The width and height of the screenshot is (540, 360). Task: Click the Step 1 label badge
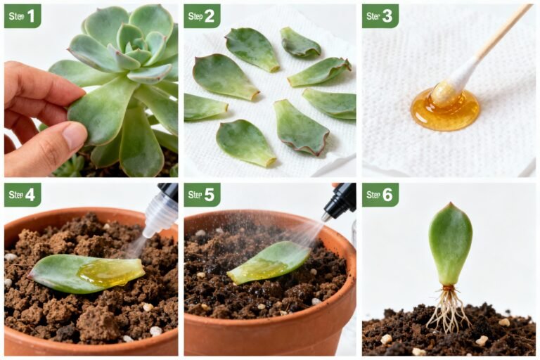[x=22, y=15]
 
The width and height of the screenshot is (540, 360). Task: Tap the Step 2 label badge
[x=202, y=15]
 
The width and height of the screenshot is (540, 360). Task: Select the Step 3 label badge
[x=380, y=15]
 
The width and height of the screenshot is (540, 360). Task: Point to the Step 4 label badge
[x=22, y=195]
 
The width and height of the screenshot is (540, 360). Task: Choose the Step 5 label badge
[x=202, y=195]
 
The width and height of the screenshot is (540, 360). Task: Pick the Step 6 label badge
[x=380, y=195]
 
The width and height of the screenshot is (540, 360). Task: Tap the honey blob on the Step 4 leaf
[x=109, y=273]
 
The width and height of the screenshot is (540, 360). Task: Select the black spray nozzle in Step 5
[x=342, y=201]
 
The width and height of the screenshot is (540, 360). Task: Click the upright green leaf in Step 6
[x=450, y=243]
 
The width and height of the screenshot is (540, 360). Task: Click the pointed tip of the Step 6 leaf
[x=450, y=205]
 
